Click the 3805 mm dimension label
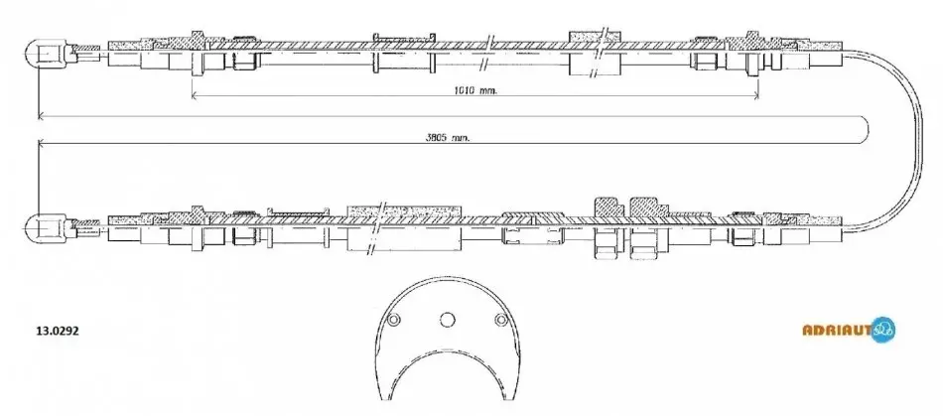point(448,137)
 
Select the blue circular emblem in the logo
point(882,329)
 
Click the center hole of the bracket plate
point(447,320)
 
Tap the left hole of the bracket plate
point(393,320)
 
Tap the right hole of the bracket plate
point(500,320)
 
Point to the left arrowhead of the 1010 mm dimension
point(195,95)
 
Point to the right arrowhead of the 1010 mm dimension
point(754,95)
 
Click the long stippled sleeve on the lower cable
point(406,210)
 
